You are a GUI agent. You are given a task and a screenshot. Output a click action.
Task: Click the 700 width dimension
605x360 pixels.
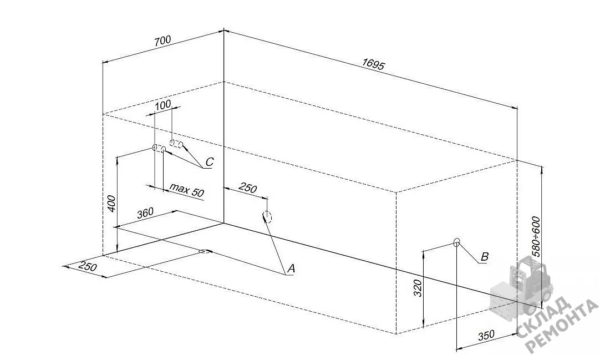click(x=163, y=41)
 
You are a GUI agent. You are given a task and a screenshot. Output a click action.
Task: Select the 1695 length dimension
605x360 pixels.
click(x=373, y=64)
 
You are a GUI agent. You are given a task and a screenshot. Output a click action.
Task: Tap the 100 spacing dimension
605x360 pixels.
click(x=163, y=104)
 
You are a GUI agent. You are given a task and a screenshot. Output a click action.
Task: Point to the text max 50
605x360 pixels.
click(x=187, y=190)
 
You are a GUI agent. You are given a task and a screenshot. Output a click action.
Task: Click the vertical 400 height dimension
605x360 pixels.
click(x=111, y=204)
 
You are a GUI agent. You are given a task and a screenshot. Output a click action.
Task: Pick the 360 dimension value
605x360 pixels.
click(x=145, y=213)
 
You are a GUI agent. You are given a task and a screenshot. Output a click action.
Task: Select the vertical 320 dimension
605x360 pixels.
click(x=418, y=288)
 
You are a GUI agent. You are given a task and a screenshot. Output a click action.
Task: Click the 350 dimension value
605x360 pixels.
click(x=486, y=335)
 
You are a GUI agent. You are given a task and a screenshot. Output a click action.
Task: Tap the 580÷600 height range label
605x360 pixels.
click(x=536, y=236)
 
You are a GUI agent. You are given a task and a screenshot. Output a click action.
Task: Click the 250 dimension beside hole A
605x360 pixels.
click(x=248, y=187)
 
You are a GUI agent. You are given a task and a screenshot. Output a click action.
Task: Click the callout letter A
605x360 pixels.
click(x=291, y=268)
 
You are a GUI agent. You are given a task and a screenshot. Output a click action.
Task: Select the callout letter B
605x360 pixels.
click(x=485, y=257)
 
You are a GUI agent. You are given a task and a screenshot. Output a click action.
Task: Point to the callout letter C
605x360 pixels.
click(x=209, y=161)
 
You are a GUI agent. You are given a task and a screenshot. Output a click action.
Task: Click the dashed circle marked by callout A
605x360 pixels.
click(x=267, y=217)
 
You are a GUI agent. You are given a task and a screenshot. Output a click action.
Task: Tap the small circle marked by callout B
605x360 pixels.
click(x=457, y=242)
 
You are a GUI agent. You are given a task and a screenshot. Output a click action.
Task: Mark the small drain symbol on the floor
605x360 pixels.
click(x=204, y=251)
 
